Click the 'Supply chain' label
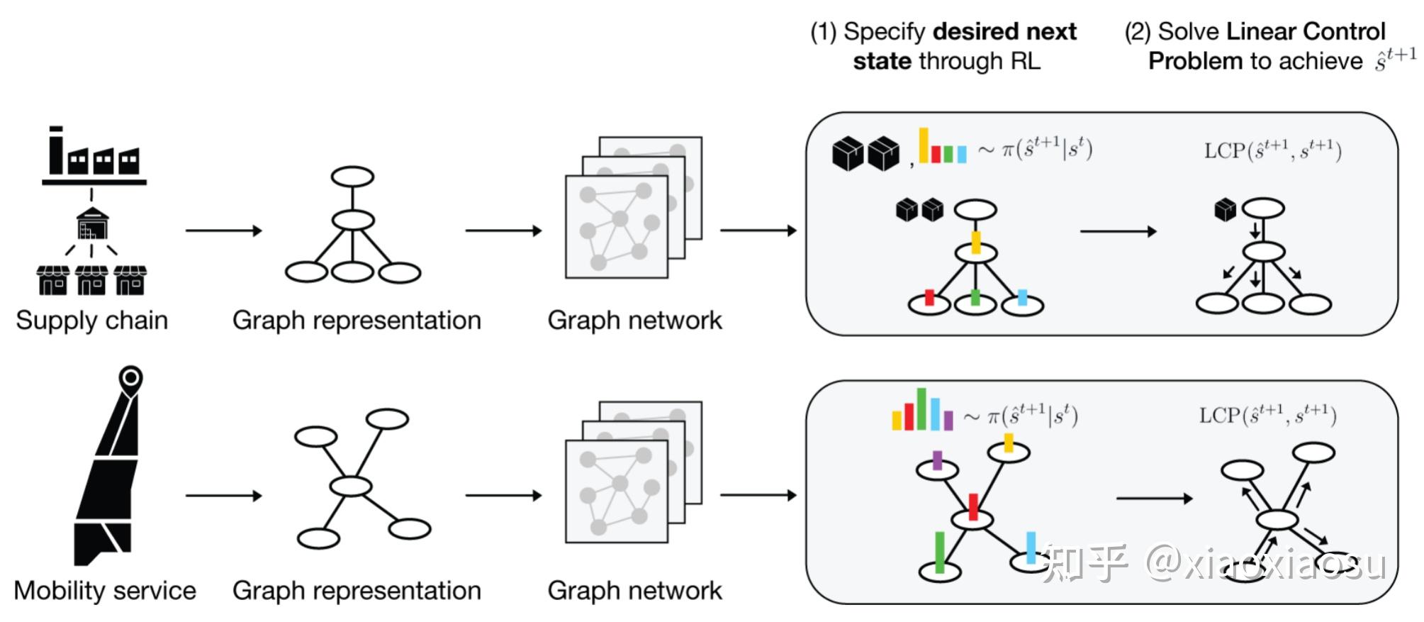(x=91, y=321)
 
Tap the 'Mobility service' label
(x=104, y=591)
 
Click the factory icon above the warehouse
(x=94, y=155)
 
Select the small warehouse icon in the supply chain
(x=93, y=223)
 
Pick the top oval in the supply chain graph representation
(x=352, y=177)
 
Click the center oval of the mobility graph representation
(x=350, y=486)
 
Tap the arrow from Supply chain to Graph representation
(x=223, y=231)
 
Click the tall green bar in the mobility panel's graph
(x=940, y=552)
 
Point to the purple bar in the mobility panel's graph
(x=937, y=460)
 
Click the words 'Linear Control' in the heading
(x=1305, y=31)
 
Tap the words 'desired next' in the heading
(x=1004, y=31)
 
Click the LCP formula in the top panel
(x=1272, y=150)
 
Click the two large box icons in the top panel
(x=865, y=153)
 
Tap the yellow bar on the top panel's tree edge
(x=975, y=242)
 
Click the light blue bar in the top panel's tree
(x=1022, y=297)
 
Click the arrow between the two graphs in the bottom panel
(x=1154, y=499)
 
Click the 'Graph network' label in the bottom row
(x=634, y=591)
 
